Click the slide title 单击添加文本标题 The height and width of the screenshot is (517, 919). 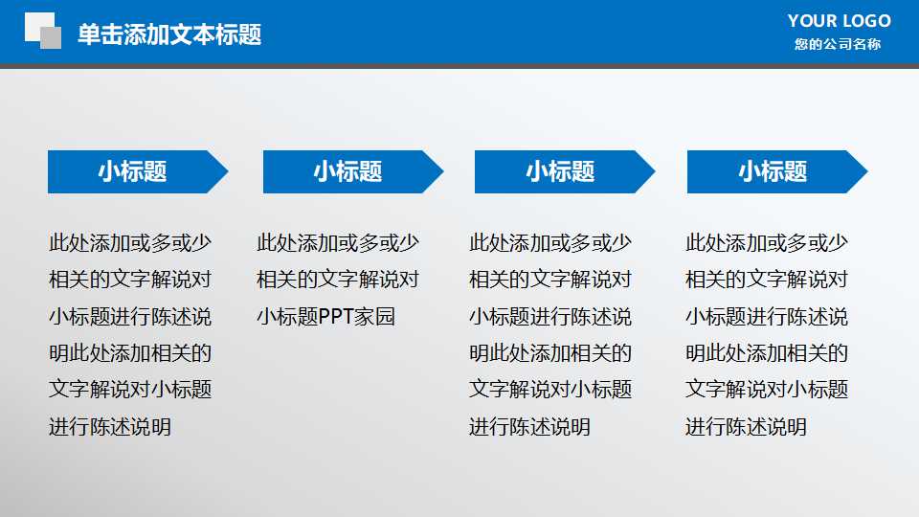click(x=169, y=35)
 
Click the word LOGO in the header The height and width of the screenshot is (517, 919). click(x=866, y=20)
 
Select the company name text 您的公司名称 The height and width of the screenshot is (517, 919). click(x=838, y=44)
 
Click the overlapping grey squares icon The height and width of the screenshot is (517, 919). click(x=42, y=30)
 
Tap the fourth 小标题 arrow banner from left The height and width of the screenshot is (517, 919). click(x=773, y=172)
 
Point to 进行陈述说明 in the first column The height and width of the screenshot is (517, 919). click(x=110, y=427)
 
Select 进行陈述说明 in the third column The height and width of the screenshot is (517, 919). click(x=529, y=427)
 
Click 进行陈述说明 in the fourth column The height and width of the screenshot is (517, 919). click(x=746, y=427)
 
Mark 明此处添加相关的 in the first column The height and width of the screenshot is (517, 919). click(x=130, y=353)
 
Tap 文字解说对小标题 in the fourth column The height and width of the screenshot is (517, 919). click(x=767, y=390)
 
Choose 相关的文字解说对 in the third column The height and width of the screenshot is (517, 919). click(x=550, y=281)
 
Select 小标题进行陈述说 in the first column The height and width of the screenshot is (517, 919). click(x=130, y=317)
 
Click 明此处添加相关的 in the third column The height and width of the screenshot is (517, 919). click(x=550, y=353)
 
